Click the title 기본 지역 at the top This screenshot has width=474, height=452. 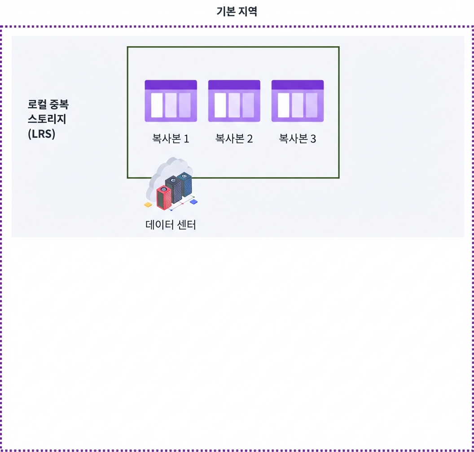pyautogui.click(x=237, y=12)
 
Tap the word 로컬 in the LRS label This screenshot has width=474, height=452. pyautogui.click(x=37, y=104)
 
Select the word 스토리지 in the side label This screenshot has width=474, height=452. pyautogui.click(x=47, y=119)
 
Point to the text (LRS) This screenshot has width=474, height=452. pyautogui.click(x=41, y=134)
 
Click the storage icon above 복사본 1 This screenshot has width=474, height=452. pyautogui.click(x=171, y=101)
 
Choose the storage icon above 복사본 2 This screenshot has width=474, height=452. pyautogui.click(x=234, y=101)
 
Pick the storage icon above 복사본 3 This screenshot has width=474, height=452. pyautogui.click(x=298, y=101)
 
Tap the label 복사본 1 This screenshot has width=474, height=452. pyautogui.click(x=171, y=139)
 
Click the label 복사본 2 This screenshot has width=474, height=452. pyautogui.click(x=234, y=139)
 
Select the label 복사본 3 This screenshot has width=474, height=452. pyautogui.click(x=298, y=139)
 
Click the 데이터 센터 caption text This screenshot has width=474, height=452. pyautogui.click(x=171, y=225)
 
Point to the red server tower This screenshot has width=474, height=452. pyautogui.click(x=164, y=198)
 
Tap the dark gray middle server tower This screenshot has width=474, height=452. pyautogui.click(x=174, y=189)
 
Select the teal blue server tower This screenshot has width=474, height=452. pyautogui.click(x=184, y=184)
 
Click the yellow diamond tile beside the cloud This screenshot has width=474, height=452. pyautogui.click(x=148, y=205)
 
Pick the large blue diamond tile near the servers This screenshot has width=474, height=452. pyautogui.click(x=193, y=201)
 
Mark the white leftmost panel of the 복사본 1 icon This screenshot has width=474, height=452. pyautogui.click(x=157, y=105)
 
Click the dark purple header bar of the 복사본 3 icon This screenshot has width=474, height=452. pyautogui.click(x=298, y=85)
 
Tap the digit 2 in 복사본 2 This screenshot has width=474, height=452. pyautogui.click(x=250, y=139)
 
